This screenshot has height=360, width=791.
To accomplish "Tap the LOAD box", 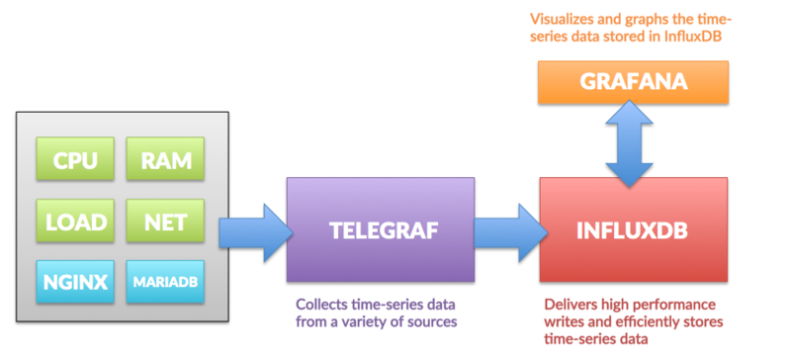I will tap(74, 223).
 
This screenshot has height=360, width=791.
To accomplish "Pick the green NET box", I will tap(165, 223).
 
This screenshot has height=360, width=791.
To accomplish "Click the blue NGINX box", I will tap(74, 282).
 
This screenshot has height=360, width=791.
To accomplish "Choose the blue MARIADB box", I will tap(165, 282).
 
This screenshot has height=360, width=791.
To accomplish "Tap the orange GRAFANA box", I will tap(634, 83).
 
